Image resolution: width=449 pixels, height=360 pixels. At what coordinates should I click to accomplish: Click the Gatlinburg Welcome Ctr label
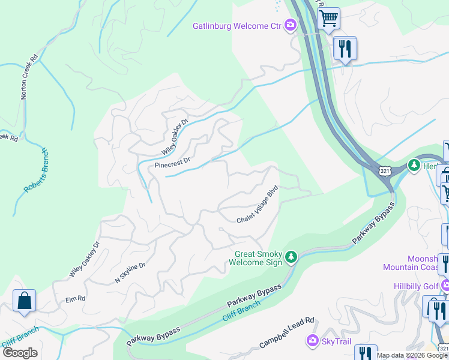(x=237, y=26)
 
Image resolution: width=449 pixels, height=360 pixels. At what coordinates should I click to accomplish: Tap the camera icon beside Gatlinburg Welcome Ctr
(x=291, y=25)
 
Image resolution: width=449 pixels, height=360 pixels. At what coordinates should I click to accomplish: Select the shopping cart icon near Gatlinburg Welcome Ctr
(x=328, y=19)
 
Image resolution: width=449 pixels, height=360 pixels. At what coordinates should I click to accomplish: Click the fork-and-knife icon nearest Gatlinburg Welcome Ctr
(x=345, y=48)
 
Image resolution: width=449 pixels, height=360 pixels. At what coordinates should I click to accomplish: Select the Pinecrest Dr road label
(x=172, y=161)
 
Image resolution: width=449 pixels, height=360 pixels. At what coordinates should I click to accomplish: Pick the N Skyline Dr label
(x=130, y=272)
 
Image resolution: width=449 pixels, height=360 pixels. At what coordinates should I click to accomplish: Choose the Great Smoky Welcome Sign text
(x=258, y=258)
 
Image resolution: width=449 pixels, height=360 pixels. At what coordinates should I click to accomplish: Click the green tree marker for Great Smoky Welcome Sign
(x=291, y=257)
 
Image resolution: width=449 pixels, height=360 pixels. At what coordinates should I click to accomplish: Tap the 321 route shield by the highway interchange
(x=385, y=171)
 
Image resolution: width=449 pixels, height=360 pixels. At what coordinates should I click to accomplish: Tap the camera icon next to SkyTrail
(x=312, y=341)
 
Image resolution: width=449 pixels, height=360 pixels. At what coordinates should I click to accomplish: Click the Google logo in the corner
(x=20, y=352)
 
